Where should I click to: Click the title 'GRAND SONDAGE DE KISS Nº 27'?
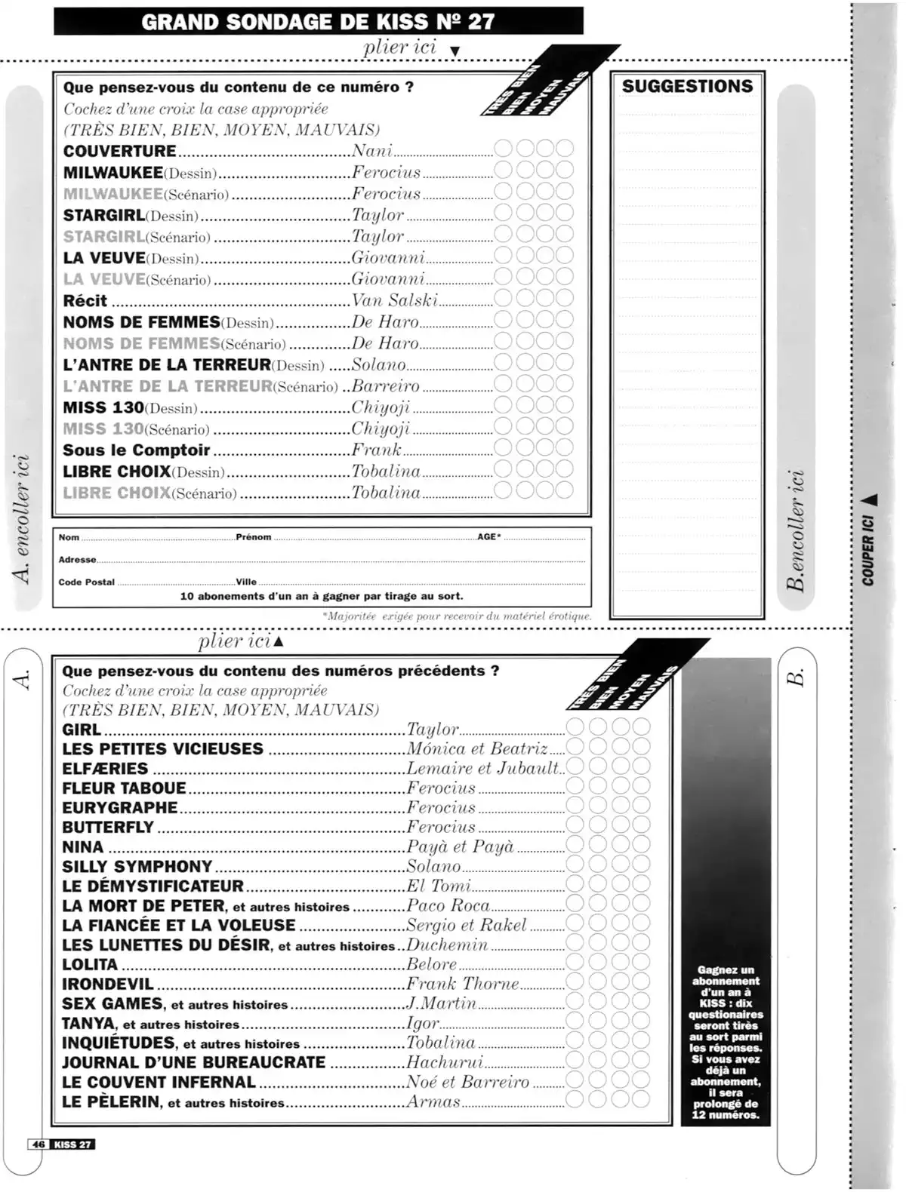pyautogui.click(x=318, y=21)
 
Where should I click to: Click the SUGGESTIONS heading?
pyautogui.click(x=687, y=86)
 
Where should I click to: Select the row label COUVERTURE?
pyautogui.click(x=120, y=151)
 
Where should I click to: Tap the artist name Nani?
pyautogui.click(x=372, y=151)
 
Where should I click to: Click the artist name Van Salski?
pyautogui.click(x=394, y=300)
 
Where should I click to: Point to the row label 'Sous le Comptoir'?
pyautogui.click(x=137, y=450)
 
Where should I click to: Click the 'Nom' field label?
pyautogui.click(x=69, y=537)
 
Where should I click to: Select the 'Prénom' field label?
pyautogui.click(x=253, y=537)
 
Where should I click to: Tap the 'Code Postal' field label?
pyautogui.click(x=87, y=582)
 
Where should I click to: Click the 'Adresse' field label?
pyautogui.click(x=78, y=560)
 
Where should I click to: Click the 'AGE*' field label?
pyautogui.click(x=488, y=537)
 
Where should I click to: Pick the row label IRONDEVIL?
pyautogui.click(x=108, y=985)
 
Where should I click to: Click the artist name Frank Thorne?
pyautogui.click(x=463, y=984)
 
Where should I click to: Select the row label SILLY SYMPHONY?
pyautogui.click(x=137, y=867)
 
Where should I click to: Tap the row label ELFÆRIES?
pyautogui.click(x=105, y=769)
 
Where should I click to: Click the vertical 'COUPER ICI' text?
pyautogui.click(x=868, y=550)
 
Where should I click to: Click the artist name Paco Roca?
pyautogui.click(x=448, y=905)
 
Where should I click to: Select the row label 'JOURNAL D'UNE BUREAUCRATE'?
pyautogui.click(x=194, y=1062)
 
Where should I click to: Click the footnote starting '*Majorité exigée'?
pyautogui.click(x=457, y=616)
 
